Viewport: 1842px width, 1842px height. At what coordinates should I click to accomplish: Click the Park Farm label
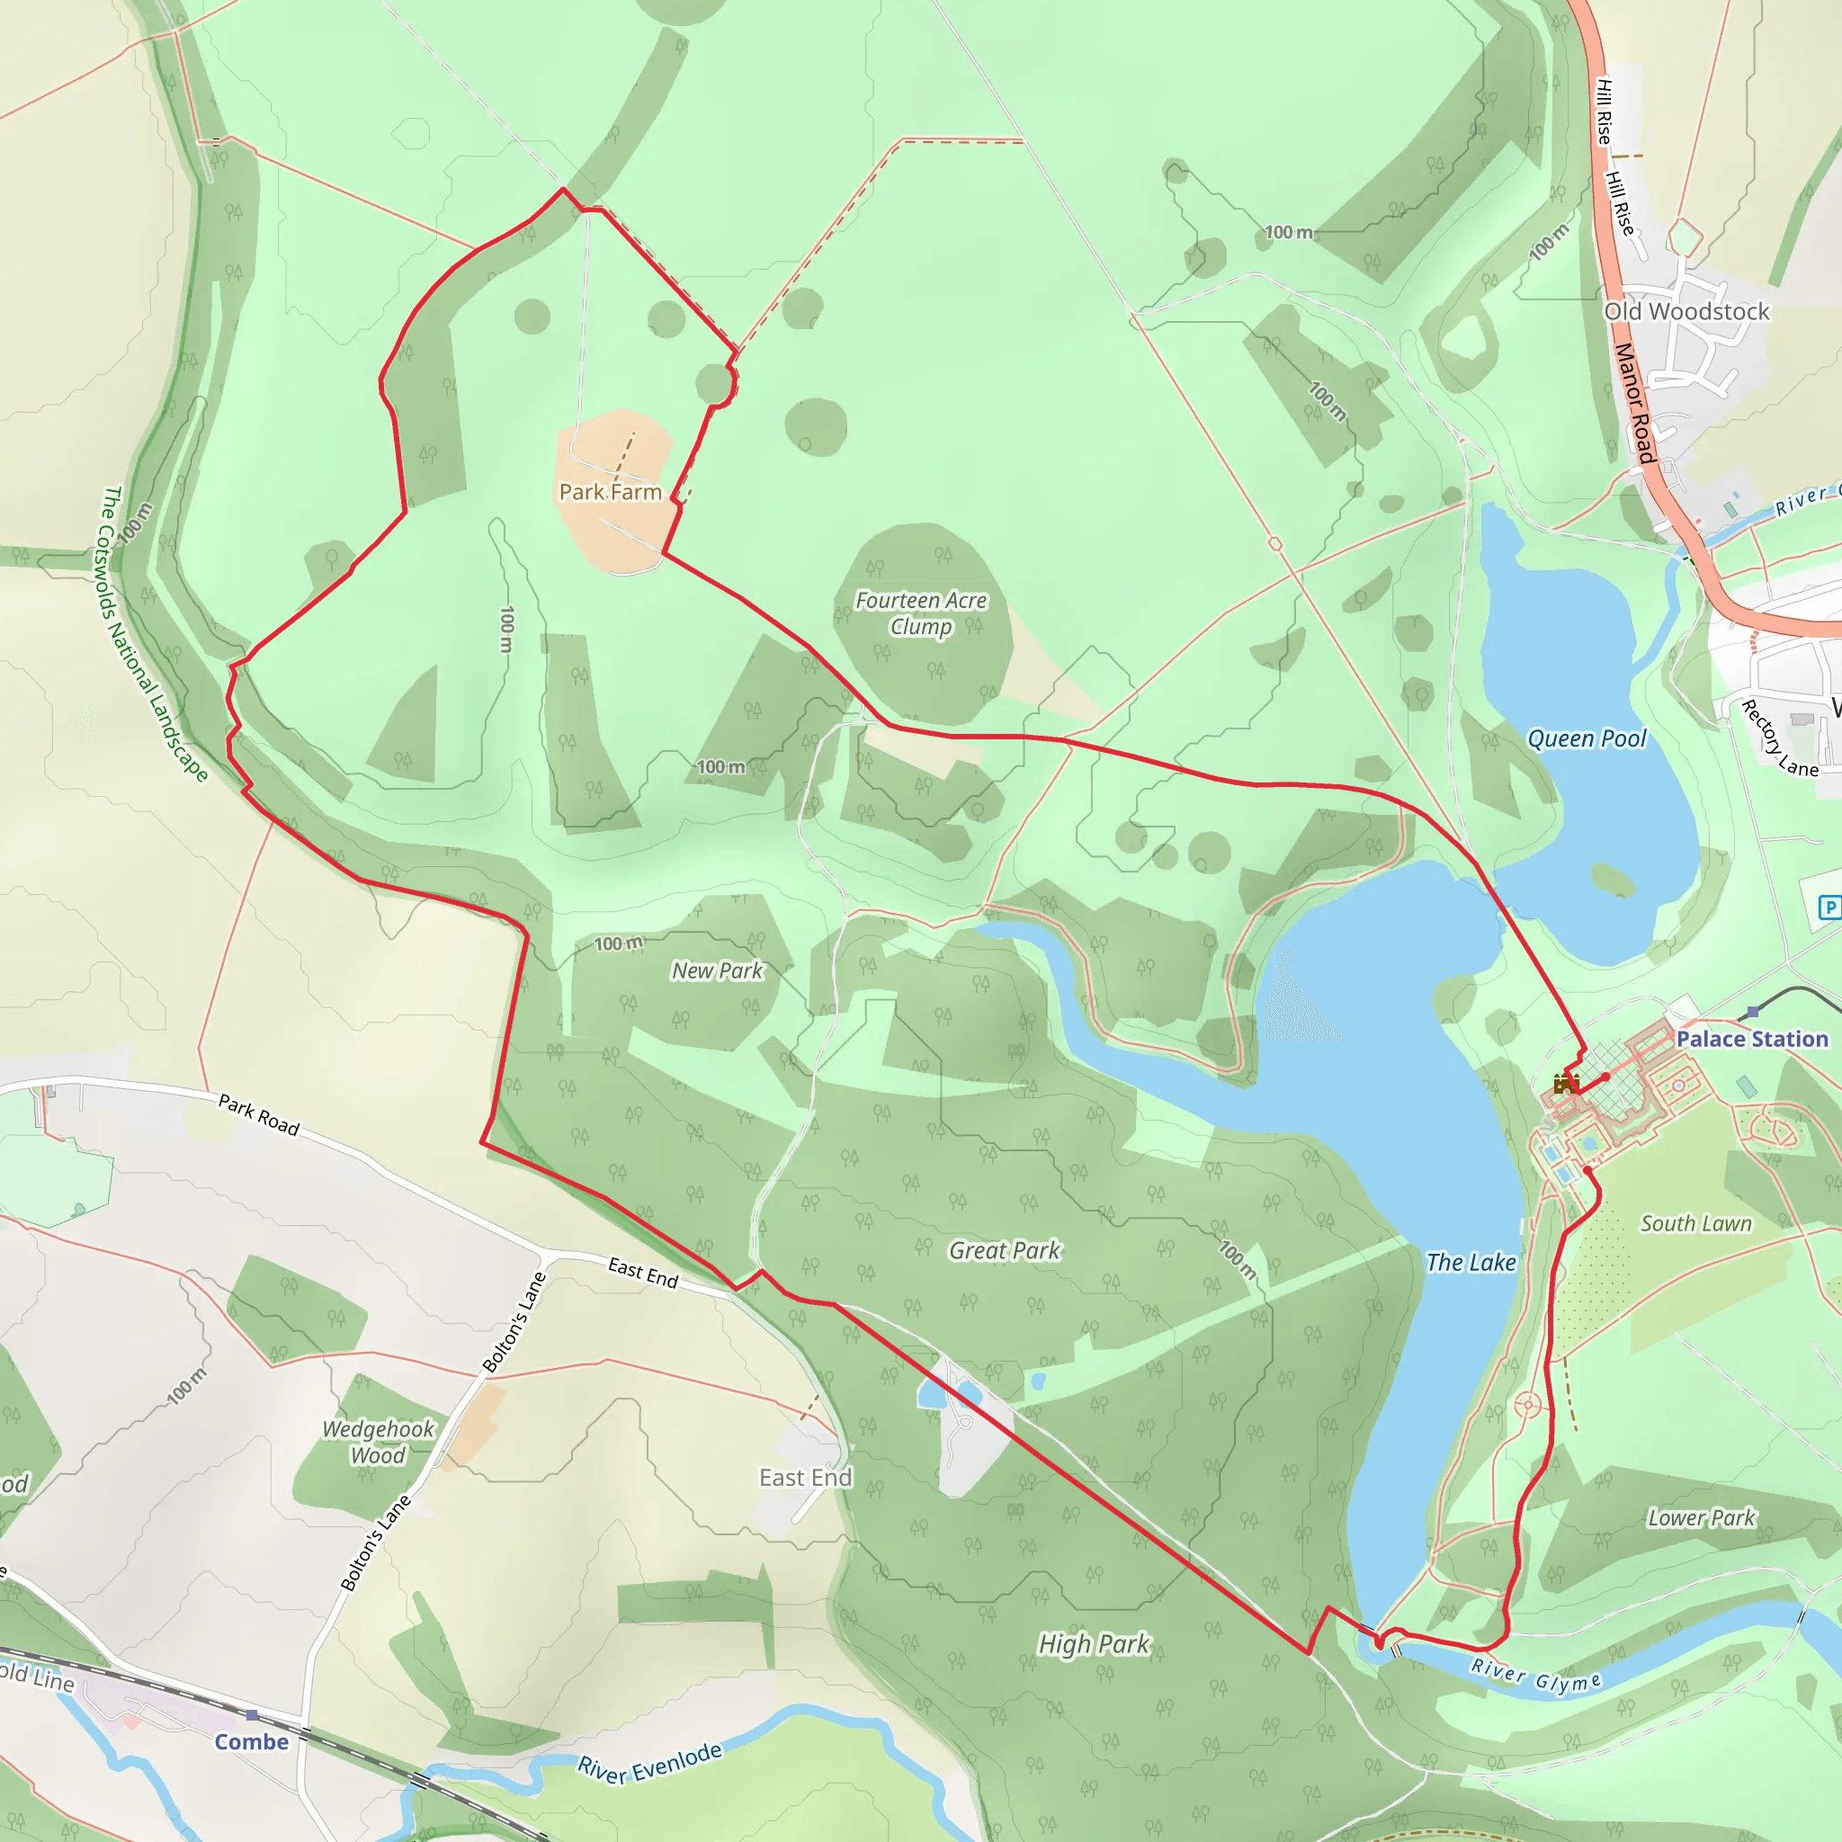click(x=610, y=492)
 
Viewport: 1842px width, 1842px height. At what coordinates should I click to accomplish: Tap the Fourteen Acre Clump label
click(x=921, y=613)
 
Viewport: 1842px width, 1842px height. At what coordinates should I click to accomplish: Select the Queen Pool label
click(x=1587, y=739)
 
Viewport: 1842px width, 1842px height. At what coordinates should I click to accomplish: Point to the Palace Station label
click(x=1752, y=1039)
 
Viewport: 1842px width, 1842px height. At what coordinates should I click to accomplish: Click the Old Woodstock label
click(x=1686, y=312)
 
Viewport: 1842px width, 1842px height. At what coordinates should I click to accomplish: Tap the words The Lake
click(x=1471, y=1262)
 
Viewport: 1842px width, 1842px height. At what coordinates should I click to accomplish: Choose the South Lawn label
click(x=1696, y=1223)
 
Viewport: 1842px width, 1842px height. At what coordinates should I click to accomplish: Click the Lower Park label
click(x=1701, y=1518)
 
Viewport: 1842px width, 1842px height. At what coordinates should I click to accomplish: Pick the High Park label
click(x=1095, y=1644)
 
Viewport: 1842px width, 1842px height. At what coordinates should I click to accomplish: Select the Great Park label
click(x=1004, y=1250)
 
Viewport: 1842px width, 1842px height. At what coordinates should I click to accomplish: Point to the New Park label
click(x=717, y=970)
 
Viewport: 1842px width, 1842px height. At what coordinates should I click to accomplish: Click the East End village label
click(x=806, y=1478)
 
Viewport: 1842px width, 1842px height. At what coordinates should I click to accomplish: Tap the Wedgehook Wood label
click(x=378, y=1442)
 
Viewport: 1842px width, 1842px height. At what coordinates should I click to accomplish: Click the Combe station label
click(x=251, y=1742)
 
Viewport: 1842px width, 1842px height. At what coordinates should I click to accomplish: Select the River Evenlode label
click(x=650, y=1762)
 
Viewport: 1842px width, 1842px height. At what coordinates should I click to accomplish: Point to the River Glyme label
click(x=1536, y=1675)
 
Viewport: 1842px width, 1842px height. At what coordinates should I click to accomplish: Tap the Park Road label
click(x=259, y=1114)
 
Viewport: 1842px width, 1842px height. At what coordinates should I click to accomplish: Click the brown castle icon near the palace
click(x=1566, y=1084)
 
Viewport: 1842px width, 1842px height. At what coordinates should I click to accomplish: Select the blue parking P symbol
click(x=1829, y=908)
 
